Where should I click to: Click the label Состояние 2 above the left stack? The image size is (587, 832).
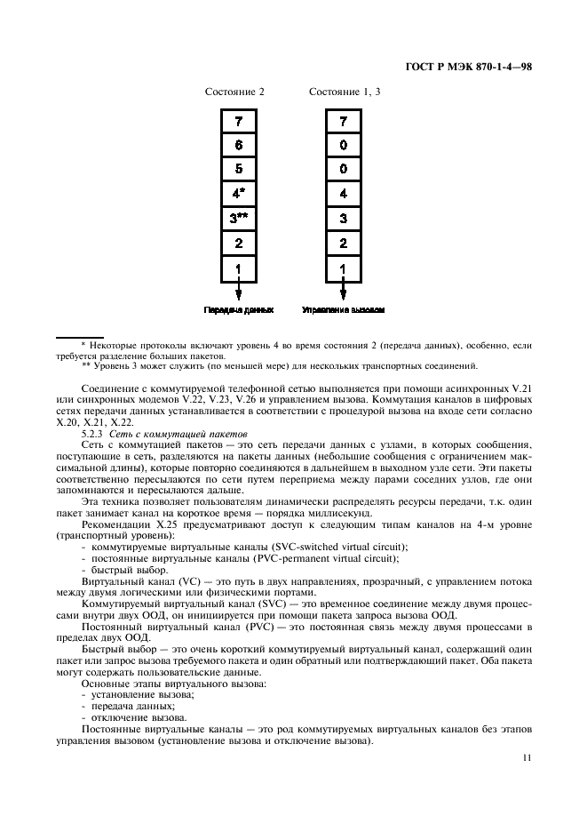(234, 92)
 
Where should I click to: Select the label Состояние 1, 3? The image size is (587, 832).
(345, 92)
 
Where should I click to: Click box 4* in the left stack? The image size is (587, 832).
(238, 193)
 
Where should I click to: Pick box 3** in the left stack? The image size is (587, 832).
(238, 217)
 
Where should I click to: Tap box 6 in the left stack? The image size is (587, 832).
(238, 144)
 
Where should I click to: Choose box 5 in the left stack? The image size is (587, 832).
(238, 168)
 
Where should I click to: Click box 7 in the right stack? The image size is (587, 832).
(344, 120)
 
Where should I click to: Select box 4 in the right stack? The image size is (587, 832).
(344, 193)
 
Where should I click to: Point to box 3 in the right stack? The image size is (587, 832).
(344, 217)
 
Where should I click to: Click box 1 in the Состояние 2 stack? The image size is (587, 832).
(238, 267)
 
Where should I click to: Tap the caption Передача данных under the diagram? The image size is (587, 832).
(238, 310)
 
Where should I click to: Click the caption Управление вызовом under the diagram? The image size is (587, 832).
(344, 310)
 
